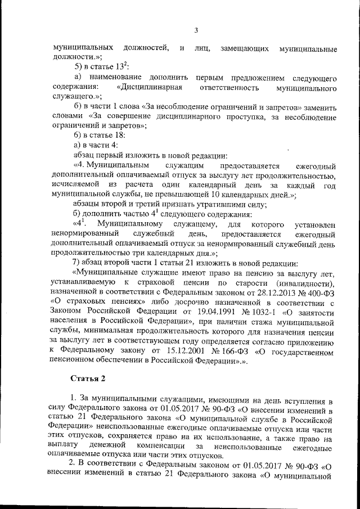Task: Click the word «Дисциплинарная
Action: coord(149,88)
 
